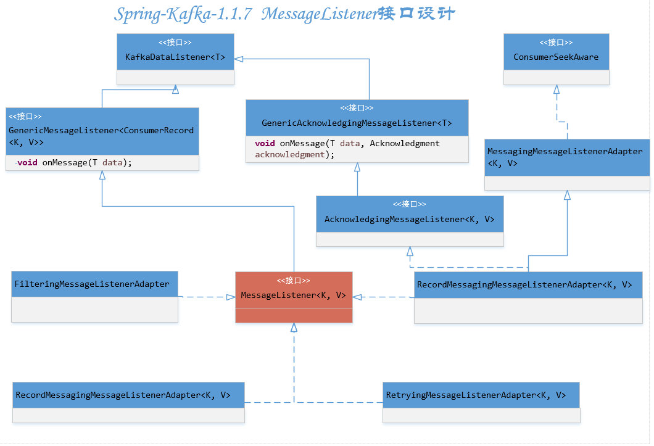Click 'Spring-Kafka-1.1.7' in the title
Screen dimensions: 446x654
coord(183,14)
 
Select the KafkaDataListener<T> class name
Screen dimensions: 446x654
coord(175,57)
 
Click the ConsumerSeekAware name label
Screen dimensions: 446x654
coord(556,57)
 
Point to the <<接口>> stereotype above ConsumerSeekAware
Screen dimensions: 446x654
coord(556,43)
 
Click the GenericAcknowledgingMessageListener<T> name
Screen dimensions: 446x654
coord(357,123)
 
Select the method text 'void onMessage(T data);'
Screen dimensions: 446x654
coord(75,163)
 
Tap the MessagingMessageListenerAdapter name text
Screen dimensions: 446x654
coord(565,151)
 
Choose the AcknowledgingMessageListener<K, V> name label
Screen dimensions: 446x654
coord(409,219)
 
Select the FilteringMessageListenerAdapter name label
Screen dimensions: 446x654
coord(91,284)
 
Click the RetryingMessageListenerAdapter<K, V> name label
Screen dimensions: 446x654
coord(476,395)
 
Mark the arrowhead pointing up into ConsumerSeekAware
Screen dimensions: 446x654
coord(557,89)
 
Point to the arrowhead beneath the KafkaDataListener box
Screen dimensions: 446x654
coord(176,89)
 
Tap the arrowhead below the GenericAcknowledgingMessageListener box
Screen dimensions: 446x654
coord(357,167)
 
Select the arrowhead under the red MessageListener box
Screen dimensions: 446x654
coord(294,328)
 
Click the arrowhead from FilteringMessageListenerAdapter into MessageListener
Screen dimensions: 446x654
coord(230,297)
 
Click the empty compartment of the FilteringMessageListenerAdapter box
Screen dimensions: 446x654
coord(94,309)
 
